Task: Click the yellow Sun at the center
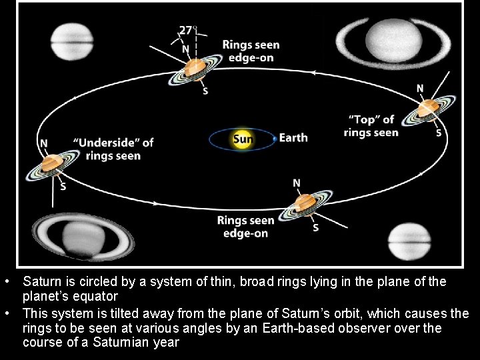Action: [x=242, y=139]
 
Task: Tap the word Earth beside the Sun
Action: [x=293, y=138]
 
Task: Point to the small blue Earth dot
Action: [x=275, y=139]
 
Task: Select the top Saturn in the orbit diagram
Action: [x=195, y=68]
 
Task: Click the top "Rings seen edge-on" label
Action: [x=251, y=51]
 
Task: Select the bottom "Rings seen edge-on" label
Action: [x=246, y=227]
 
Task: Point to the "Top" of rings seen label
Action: [x=371, y=126]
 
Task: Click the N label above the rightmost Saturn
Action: [x=420, y=88]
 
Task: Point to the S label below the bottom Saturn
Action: [x=315, y=228]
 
